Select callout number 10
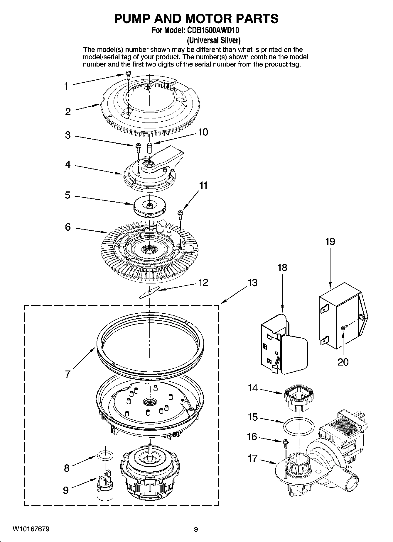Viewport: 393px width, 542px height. [203, 132]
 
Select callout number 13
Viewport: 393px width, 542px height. [252, 283]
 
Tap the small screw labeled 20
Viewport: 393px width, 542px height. [343, 328]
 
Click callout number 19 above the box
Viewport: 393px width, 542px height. [330, 242]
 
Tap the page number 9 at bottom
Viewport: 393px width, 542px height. [196, 529]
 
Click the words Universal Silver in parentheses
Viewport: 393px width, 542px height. [214, 40]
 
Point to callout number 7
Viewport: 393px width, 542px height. [68, 374]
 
